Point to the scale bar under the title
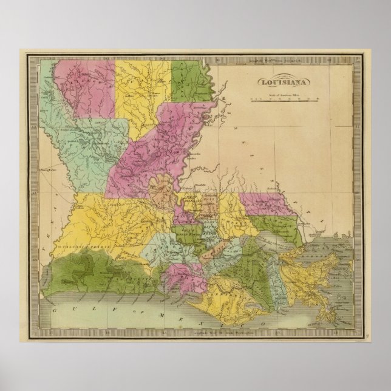tap(284, 99)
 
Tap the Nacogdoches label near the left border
tap(52, 170)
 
